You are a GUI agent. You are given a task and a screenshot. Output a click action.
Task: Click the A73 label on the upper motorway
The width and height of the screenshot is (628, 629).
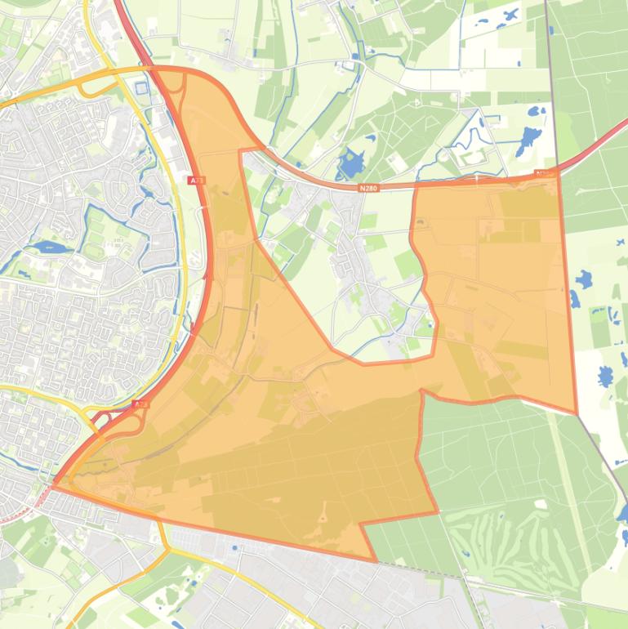tap(195, 181)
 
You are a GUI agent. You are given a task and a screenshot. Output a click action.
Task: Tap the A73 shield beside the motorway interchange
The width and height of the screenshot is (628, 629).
tap(140, 404)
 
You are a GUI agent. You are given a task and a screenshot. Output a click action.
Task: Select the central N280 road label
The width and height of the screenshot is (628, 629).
tap(369, 187)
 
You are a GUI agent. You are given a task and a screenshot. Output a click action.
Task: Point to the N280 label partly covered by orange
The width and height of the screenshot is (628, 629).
tap(544, 173)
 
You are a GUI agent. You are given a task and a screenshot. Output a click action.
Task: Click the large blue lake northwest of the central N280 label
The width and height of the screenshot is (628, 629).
tap(352, 163)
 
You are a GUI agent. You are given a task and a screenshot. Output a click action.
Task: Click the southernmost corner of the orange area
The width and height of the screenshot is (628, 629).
tap(376, 561)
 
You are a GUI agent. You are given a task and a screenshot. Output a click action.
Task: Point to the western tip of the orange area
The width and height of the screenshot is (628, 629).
tap(52, 488)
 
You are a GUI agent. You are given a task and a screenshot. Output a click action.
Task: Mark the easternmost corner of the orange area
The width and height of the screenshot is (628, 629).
tap(577, 413)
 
